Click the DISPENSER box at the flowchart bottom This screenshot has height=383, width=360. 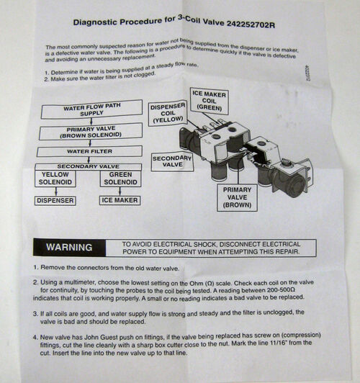pyautogui.click(x=56, y=200)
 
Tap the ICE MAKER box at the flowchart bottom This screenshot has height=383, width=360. pyautogui.click(x=120, y=200)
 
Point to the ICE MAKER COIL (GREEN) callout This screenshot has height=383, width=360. pyautogui.click(x=210, y=101)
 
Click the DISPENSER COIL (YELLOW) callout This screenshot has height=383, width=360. pyautogui.click(x=167, y=114)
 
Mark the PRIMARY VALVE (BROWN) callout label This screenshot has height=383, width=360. pyautogui.click(x=238, y=196)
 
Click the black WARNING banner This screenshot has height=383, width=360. pyautogui.click(x=69, y=247)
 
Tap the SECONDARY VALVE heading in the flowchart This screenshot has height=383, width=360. pyautogui.click(x=86, y=166)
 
